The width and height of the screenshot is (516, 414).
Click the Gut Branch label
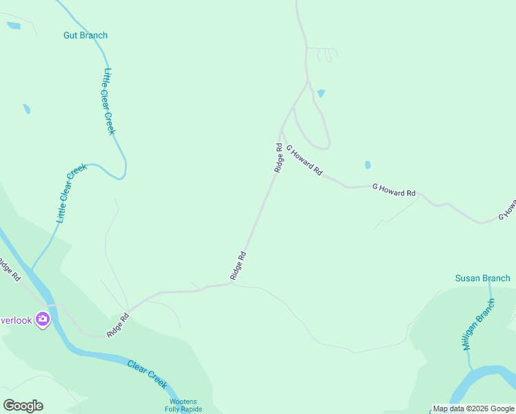point(86,35)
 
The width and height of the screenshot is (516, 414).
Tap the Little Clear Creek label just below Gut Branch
point(109,101)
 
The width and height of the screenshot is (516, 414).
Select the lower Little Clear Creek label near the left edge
point(70,193)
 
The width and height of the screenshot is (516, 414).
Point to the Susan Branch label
point(482,278)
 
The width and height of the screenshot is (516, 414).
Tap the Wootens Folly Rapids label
point(183,406)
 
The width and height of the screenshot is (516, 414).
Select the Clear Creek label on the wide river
point(147,373)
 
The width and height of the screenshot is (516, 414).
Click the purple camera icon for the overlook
point(43,319)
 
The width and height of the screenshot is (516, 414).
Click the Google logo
point(23,406)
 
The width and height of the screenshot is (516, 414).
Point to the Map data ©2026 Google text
point(473,408)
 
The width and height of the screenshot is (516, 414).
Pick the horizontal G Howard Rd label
point(394,190)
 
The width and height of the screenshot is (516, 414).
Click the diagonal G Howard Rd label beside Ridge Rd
point(304,161)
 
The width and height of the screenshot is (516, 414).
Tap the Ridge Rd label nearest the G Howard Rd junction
point(279,157)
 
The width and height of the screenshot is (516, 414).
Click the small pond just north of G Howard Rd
point(368,165)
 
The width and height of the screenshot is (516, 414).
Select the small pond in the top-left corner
point(14,26)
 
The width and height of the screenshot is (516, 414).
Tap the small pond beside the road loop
point(321,92)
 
